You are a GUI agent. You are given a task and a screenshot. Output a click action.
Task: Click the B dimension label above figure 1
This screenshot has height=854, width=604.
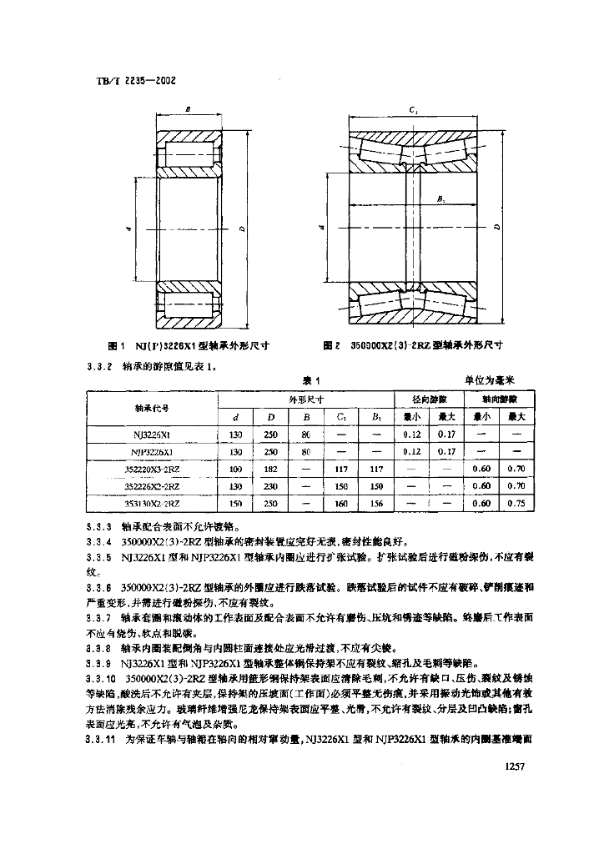click(189, 108)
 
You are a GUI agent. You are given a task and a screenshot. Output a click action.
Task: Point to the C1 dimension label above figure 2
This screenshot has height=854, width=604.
click(415, 109)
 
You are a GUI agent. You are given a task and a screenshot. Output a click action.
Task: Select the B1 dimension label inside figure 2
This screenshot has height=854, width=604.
click(440, 198)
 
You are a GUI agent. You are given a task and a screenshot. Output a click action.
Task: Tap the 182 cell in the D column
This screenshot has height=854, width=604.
click(270, 469)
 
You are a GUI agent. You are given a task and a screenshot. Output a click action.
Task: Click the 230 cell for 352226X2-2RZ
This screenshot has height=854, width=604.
click(270, 486)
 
